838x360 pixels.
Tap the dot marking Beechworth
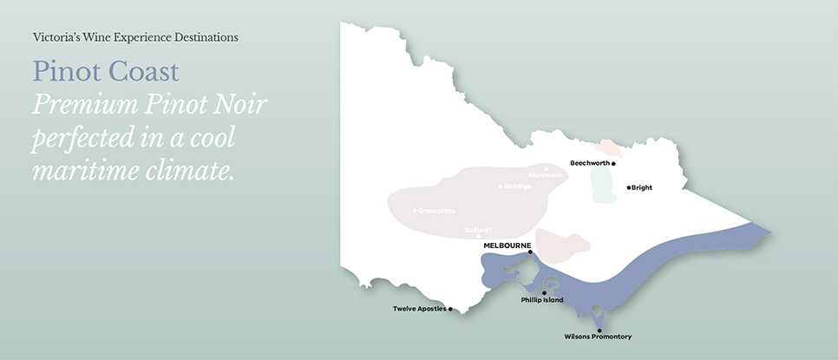pos(613,163)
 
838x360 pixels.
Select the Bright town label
pos(642,187)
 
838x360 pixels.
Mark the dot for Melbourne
pos(530,252)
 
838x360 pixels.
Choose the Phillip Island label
pos(542,300)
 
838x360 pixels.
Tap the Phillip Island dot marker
pos(544,292)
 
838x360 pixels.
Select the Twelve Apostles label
pos(419,309)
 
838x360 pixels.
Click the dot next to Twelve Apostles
pos(450,309)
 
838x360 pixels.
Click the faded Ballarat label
pos(478,229)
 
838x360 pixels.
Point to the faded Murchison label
pos(546,175)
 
